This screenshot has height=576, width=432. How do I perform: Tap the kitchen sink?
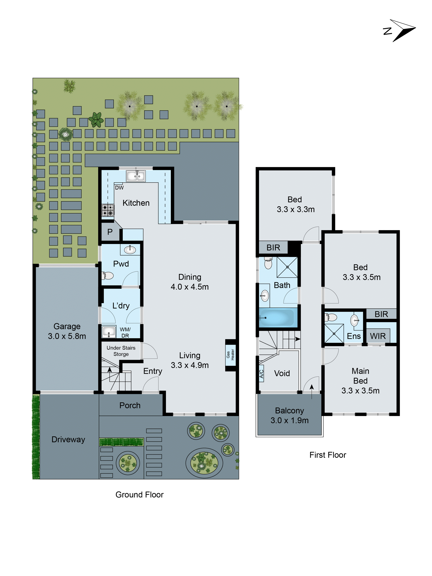pos(136,176)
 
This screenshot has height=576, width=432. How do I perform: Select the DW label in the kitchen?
pos(119,187)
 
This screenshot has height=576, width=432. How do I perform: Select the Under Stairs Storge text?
pos(121,351)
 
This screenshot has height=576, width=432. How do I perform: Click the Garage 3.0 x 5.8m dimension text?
pos(67,336)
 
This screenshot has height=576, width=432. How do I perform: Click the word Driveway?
pos(68,439)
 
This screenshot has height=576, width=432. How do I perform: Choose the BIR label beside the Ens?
pos(381,314)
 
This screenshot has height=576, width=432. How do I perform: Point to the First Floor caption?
pos(328,455)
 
